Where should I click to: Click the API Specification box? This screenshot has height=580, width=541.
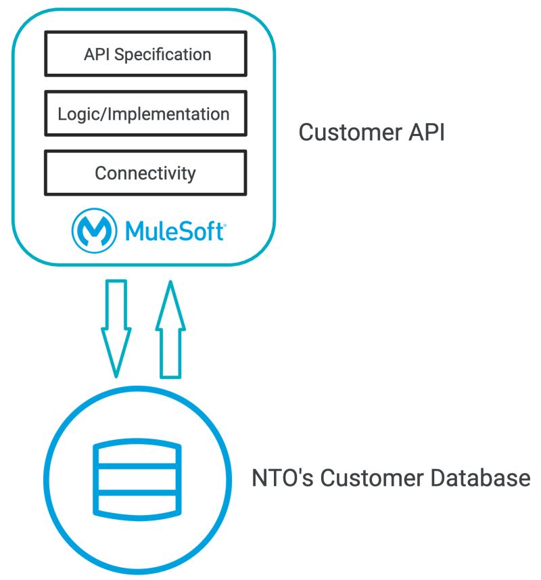[x=145, y=54]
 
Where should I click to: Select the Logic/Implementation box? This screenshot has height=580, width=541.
[x=145, y=114]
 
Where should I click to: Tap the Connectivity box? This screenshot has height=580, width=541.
[x=145, y=173]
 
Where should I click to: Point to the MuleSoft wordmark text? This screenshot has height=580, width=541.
[x=174, y=231]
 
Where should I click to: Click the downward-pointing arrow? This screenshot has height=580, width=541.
[x=116, y=325]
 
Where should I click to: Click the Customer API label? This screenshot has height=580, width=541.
[x=371, y=133]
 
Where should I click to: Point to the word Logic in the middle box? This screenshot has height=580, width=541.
[x=73, y=114]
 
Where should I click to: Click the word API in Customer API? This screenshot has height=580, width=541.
[x=426, y=133]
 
